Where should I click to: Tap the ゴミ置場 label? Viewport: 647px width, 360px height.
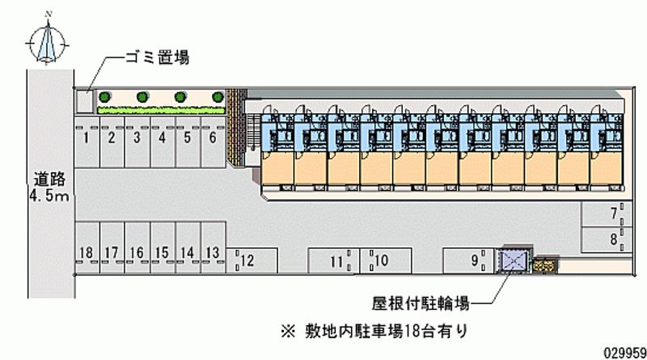(x=157, y=57)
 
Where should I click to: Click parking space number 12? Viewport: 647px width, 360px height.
(x=247, y=260)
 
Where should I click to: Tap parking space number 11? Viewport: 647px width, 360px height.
(x=335, y=260)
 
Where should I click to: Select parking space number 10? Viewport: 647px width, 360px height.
(x=383, y=260)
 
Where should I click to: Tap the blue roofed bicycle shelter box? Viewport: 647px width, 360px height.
(x=514, y=260)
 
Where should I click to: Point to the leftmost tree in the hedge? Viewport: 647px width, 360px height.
(x=104, y=97)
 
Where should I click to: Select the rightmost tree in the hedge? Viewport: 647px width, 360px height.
(x=216, y=97)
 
